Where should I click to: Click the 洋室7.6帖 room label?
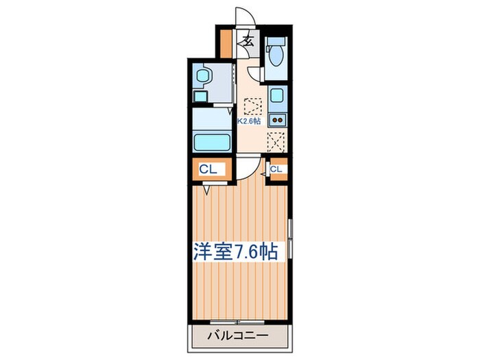239,252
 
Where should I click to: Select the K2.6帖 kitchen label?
249,121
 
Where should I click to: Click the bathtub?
213,143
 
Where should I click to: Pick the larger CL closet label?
208,169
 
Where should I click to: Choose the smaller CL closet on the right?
276,169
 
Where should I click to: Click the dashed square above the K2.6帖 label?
254,107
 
